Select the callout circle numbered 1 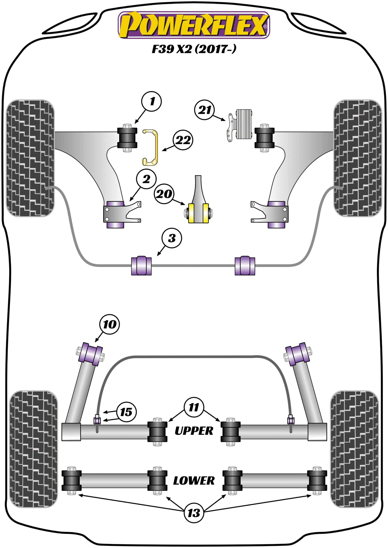[152, 101]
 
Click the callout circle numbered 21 [205, 110]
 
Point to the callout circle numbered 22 [183, 140]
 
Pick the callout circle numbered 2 [146, 179]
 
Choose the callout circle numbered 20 [164, 194]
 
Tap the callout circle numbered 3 [172, 238]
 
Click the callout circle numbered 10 [110, 325]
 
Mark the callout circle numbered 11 [194, 407]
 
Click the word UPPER [194, 431]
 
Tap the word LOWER [194, 480]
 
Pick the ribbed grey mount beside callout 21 [243, 124]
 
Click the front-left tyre [30, 158]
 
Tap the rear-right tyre [354, 449]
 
